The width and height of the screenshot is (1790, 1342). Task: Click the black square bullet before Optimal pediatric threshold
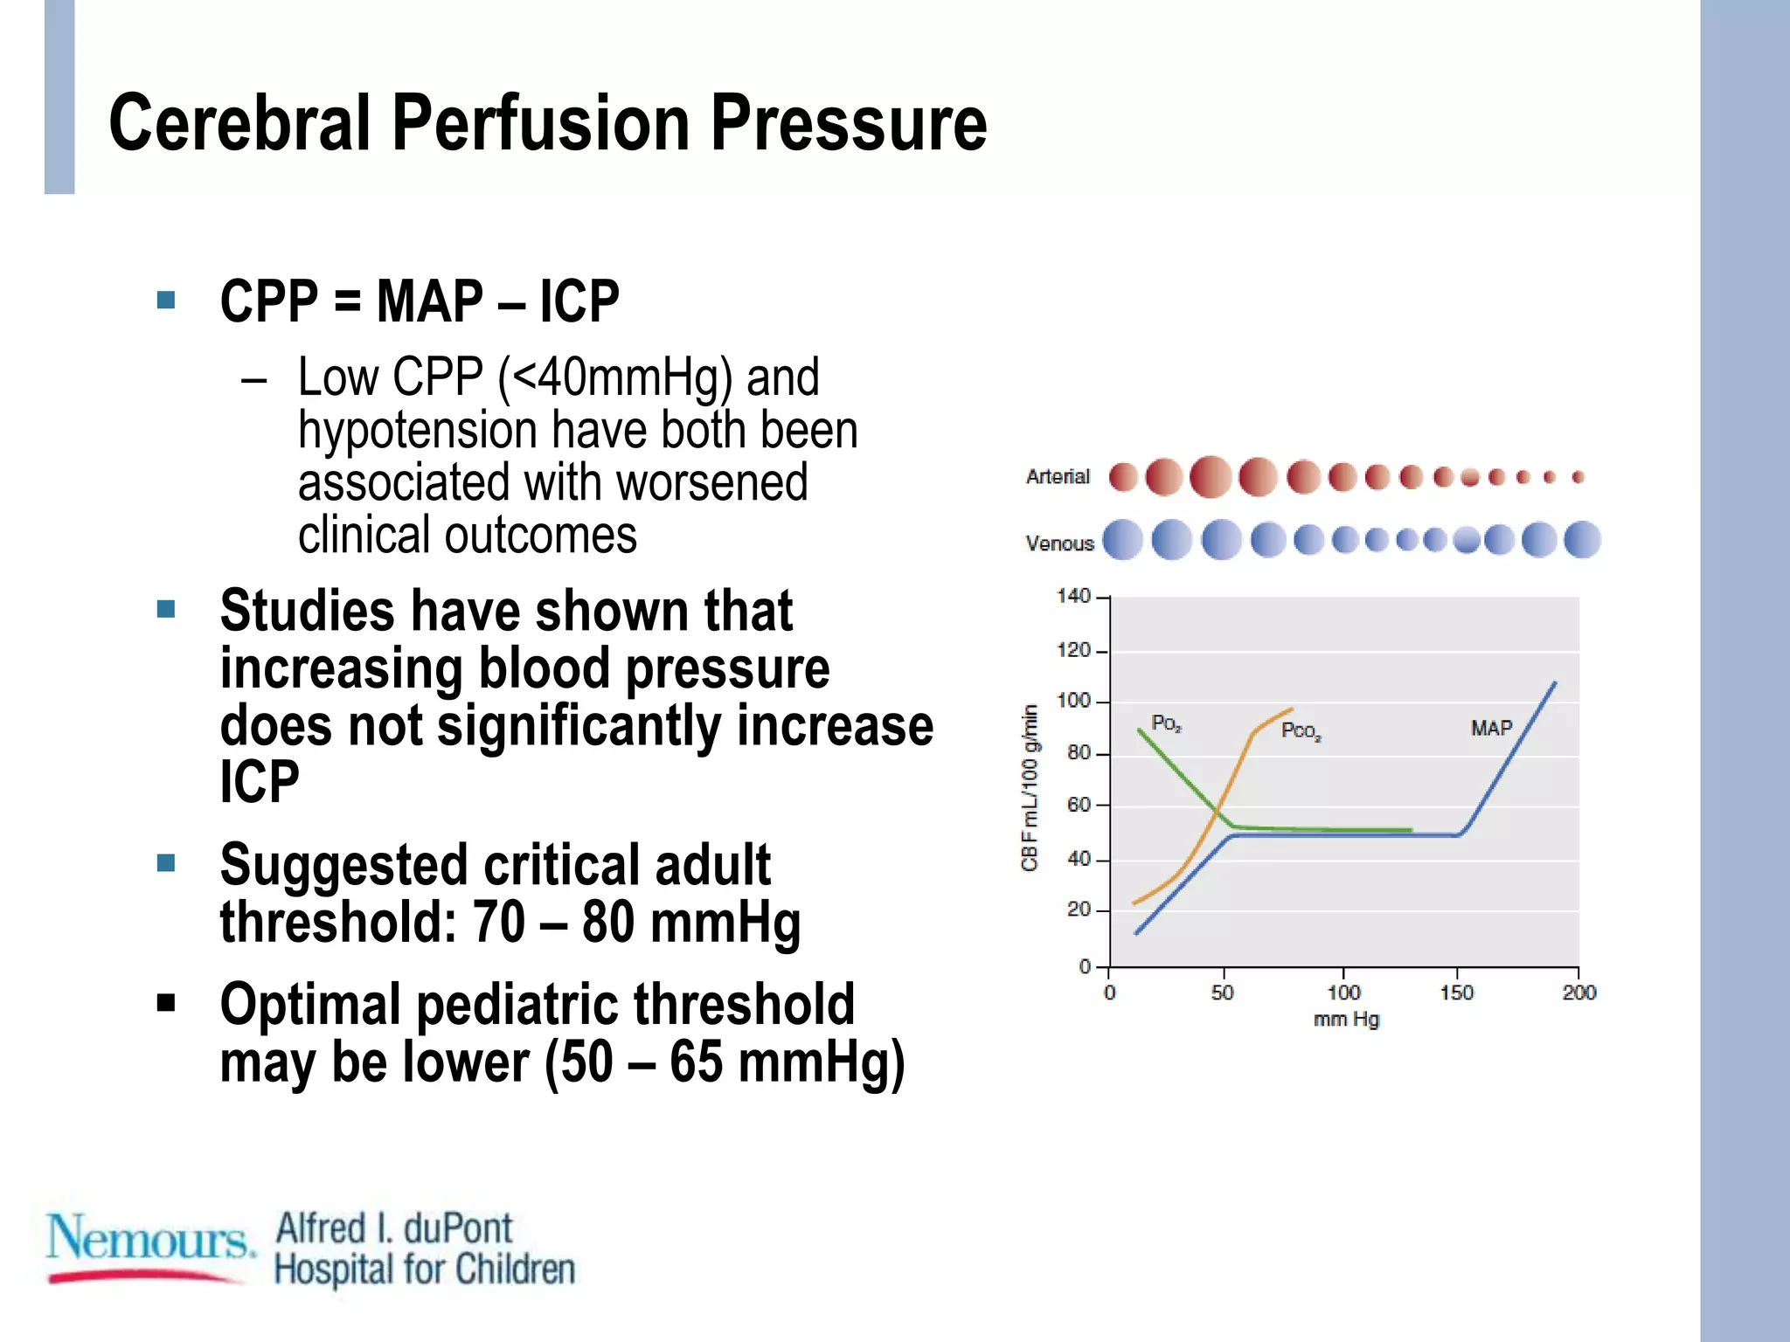tap(166, 1002)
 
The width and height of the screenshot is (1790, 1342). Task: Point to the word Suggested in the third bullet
tap(343, 865)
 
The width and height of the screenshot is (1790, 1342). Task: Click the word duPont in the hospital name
tap(457, 1228)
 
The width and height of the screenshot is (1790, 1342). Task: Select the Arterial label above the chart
tap(1058, 477)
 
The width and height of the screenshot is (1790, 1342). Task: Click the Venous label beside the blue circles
tap(1059, 543)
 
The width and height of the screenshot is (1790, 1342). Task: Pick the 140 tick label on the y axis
tap(1073, 596)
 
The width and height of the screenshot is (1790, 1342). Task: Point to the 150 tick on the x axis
tap(1456, 993)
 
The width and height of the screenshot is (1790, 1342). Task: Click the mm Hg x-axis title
tap(1346, 1020)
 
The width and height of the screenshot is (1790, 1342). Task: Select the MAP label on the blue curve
tap(1491, 729)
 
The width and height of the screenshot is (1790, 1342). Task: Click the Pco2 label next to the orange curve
tap(1301, 731)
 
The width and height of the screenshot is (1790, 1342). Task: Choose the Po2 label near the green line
tap(1166, 723)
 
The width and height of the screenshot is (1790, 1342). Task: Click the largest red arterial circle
tap(1211, 477)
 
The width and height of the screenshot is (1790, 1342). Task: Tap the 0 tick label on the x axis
tap(1109, 993)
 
